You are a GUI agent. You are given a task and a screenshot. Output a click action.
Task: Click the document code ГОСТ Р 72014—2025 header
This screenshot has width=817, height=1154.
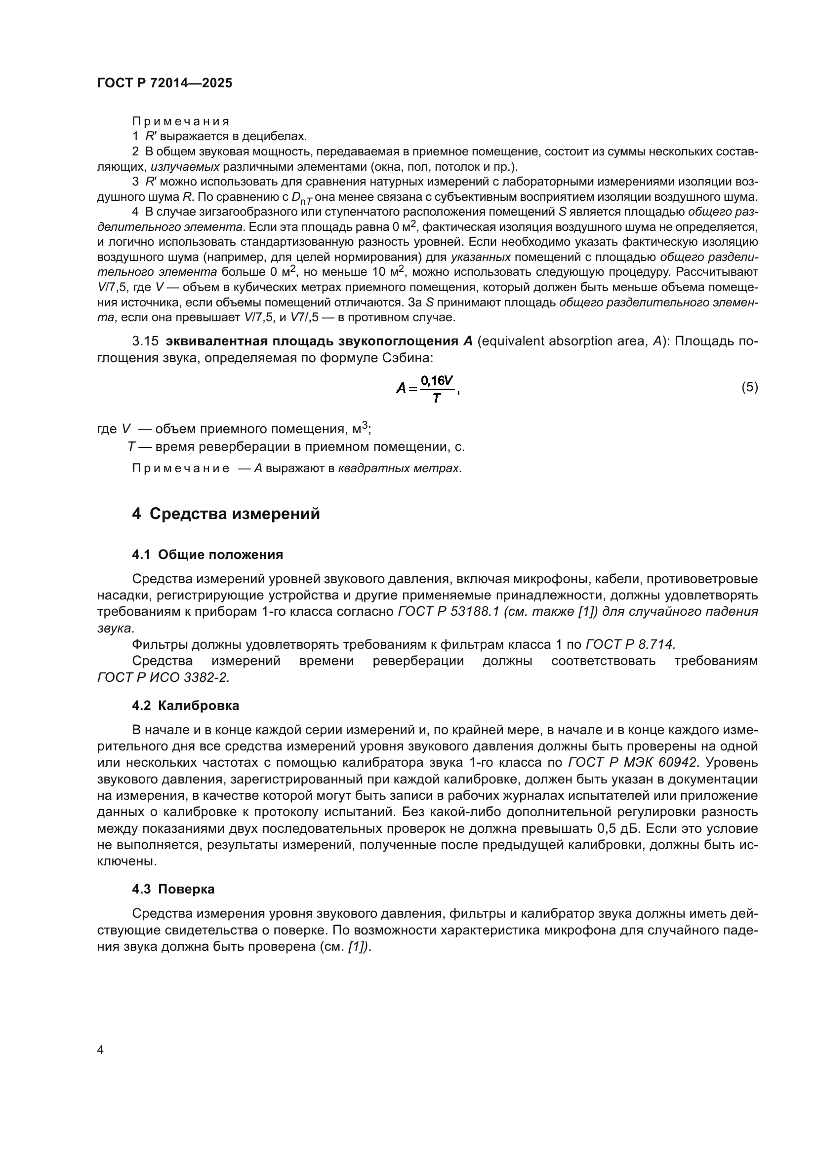coord(164,83)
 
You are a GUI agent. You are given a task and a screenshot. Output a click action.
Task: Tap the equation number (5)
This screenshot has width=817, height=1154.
coord(750,387)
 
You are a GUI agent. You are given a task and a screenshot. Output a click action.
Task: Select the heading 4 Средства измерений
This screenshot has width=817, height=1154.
coord(226,514)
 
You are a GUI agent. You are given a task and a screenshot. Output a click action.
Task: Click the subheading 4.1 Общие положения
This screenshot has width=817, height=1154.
coord(207,555)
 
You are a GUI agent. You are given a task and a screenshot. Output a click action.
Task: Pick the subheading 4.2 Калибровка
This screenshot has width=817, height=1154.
coord(185,706)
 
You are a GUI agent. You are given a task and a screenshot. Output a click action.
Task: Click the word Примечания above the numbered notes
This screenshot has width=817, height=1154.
coord(181,122)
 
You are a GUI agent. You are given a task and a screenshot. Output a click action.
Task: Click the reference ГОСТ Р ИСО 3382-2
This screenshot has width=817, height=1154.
coord(163,677)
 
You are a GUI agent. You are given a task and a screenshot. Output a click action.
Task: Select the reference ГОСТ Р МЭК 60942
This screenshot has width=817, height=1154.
coord(632,762)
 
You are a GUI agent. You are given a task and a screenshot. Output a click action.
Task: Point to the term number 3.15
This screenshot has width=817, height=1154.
coord(145,341)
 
